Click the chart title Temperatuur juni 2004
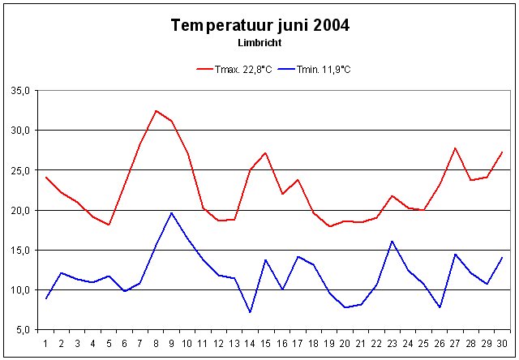pos(260,25)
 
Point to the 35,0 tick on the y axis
pos(19,90)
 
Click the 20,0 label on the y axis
pos(19,210)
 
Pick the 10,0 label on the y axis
pos(19,290)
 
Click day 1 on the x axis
pos(46,342)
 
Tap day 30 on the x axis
pos(502,342)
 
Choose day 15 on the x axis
pos(266,342)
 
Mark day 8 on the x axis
pos(156,342)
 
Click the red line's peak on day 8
pos(156,110)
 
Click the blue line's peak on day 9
pos(172,212)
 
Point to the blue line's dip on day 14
pos(251,312)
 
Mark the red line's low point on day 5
pos(109,225)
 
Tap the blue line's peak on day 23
pos(392,241)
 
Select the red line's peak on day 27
pos(455,148)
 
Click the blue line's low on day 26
pos(440,307)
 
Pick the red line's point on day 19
pos(329,226)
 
